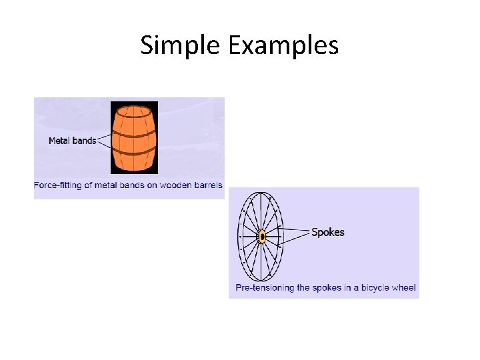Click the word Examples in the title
(283, 45)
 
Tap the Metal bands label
(72, 141)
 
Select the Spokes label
(328, 233)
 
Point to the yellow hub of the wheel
(263, 236)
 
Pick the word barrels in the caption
(207, 185)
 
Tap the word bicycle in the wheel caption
(374, 288)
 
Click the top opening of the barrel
(134, 110)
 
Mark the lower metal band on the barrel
(134, 153)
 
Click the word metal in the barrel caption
(107, 185)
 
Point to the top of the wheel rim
(261, 193)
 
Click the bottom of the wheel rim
(261, 280)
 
